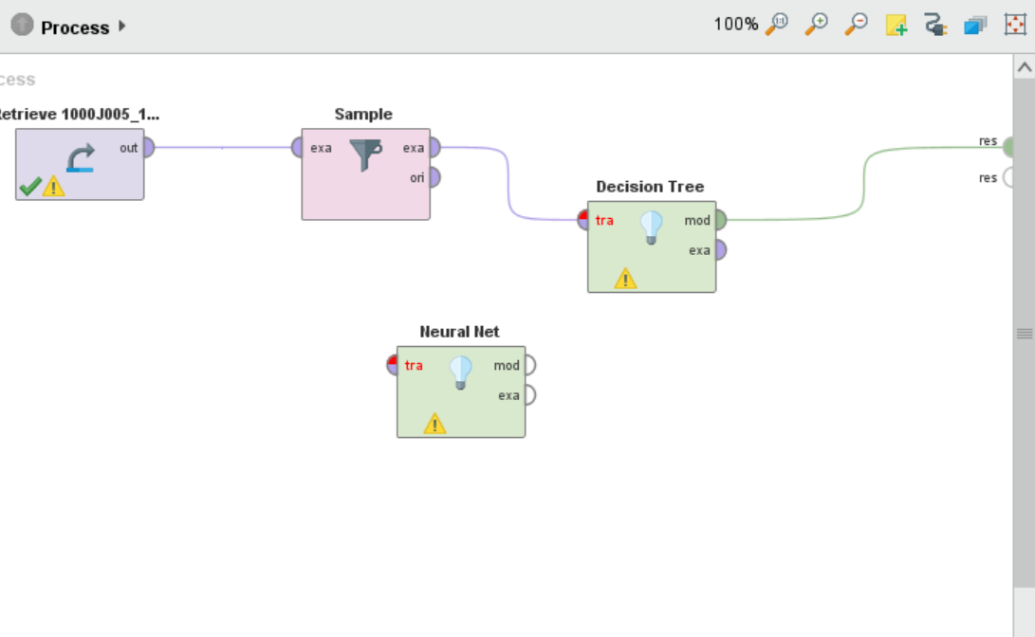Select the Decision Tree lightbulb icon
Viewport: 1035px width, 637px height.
point(651,227)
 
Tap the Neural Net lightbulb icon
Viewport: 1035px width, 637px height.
point(460,372)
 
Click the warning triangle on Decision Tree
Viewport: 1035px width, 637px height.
point(625,278)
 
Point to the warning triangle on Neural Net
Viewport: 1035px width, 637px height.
point(434,423)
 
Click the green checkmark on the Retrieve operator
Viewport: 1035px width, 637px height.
point(29,186)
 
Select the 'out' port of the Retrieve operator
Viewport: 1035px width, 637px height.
point(148,148)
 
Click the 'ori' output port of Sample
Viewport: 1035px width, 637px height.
point(434,177)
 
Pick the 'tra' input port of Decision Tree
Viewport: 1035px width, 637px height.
point(583,220)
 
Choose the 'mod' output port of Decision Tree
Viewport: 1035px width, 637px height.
point(720,220)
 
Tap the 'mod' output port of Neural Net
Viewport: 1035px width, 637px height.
point(529,365)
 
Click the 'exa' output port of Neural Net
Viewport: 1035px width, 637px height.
point(529,394)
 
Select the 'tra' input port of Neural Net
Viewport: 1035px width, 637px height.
point(393,365)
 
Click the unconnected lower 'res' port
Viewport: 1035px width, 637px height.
point(1008,177)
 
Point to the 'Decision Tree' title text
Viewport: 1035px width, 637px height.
point(650,187)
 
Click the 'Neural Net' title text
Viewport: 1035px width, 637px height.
point(459,332)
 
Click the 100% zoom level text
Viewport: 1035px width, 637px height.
point(735,25)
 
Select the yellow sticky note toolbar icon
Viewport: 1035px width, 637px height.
point(896,26)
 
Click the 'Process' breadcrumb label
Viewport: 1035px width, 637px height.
point(75,27)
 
